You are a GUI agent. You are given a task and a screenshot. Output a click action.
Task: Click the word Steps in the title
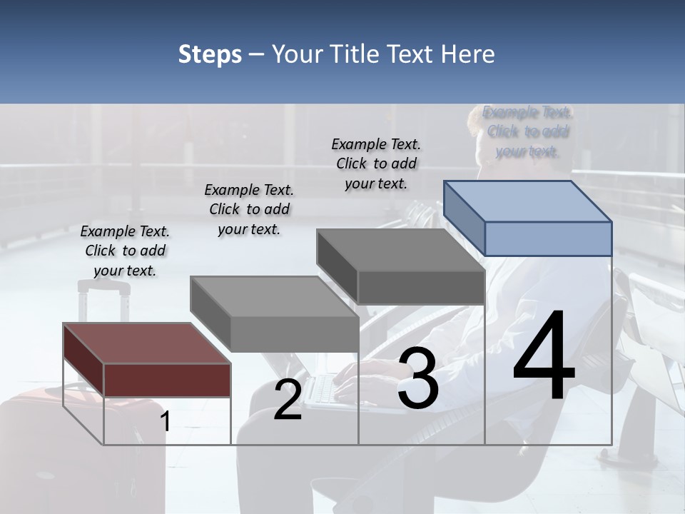coord(210,54)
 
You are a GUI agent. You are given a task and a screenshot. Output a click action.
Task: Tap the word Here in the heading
coord(468,54)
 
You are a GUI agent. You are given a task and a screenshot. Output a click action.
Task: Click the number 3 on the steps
coord(418,378)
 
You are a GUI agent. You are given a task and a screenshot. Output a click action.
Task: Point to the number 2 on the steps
coord(288,400)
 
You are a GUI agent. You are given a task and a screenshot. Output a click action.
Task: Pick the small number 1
coord(166,421)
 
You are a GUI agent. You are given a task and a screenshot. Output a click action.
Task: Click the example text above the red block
coord(125,251)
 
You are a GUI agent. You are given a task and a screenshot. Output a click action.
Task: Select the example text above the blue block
coord(527,131)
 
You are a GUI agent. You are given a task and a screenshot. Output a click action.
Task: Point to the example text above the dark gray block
coord(376,163)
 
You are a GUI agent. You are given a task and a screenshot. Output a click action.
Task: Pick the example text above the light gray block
coord(249,209)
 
